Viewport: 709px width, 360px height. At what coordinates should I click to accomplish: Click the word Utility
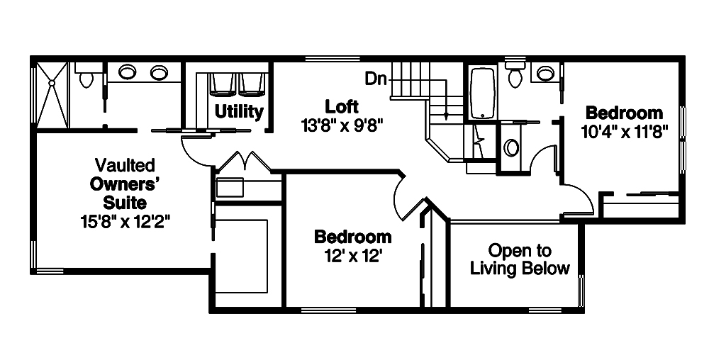239,111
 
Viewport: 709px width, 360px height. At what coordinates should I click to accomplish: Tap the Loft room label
342,106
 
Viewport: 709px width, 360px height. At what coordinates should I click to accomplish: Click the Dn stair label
376,79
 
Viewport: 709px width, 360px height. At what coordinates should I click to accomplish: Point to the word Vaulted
124,165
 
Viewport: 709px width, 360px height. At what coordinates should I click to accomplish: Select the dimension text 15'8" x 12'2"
125,220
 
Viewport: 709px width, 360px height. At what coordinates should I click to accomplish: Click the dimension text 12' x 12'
352,254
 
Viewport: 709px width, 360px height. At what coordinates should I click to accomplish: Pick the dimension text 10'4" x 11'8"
623,132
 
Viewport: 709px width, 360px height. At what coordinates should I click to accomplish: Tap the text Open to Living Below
520,259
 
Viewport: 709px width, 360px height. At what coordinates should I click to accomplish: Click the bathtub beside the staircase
483,93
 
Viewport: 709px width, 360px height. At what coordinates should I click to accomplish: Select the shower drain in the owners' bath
52,83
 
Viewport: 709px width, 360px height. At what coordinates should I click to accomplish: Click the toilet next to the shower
86,77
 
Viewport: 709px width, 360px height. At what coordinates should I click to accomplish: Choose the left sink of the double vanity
128,72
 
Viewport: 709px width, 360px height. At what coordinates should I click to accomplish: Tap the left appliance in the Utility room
222,84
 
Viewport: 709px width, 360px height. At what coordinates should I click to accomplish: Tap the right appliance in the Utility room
252,84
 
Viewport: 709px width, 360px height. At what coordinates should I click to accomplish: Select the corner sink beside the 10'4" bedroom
545,72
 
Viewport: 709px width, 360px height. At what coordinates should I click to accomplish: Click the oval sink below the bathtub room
511,147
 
